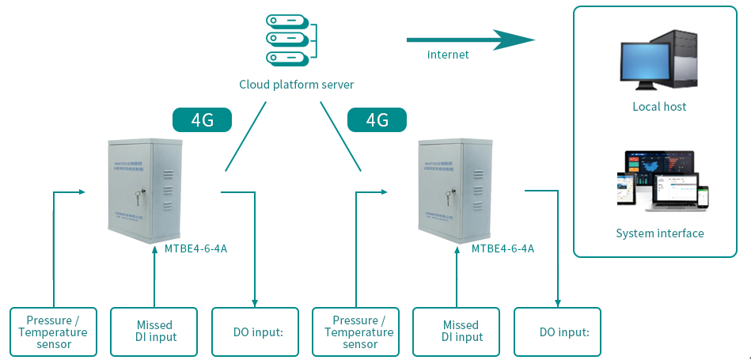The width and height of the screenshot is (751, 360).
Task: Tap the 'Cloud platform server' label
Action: click(297, 85)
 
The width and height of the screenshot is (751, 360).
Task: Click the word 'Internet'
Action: click(448, 55)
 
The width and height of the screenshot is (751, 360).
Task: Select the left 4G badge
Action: click(202, 119)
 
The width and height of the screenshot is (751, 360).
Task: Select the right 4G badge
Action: click(377, 119)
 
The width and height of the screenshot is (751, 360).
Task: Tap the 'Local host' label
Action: click(659, 106)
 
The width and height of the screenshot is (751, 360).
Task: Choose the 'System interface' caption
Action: click(659, 233)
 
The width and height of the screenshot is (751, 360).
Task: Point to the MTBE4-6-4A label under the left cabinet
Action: click(196, 248)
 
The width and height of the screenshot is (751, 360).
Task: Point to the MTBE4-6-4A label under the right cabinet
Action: click(503, 248)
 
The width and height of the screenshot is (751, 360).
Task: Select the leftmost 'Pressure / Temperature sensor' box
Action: click(54, 332)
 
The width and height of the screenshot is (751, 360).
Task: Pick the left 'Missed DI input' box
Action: click(154, 332)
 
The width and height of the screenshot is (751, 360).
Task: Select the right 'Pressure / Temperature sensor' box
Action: click(358, 332)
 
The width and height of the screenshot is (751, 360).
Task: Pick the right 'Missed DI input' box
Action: click(460, 332)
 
